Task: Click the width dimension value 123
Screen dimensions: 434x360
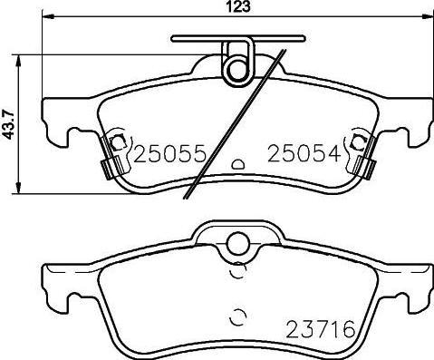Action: pos(238,7)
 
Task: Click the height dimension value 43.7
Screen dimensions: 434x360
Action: pos(8,124)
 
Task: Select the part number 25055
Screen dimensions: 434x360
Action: pos(169,154)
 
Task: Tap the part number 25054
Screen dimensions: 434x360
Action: pos(304,154)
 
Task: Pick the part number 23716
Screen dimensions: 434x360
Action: pos(321,329)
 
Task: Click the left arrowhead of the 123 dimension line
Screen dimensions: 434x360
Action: pos(47,16)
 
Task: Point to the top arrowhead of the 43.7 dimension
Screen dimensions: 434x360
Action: pos(19,61)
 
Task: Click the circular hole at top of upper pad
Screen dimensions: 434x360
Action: pos(238,70)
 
